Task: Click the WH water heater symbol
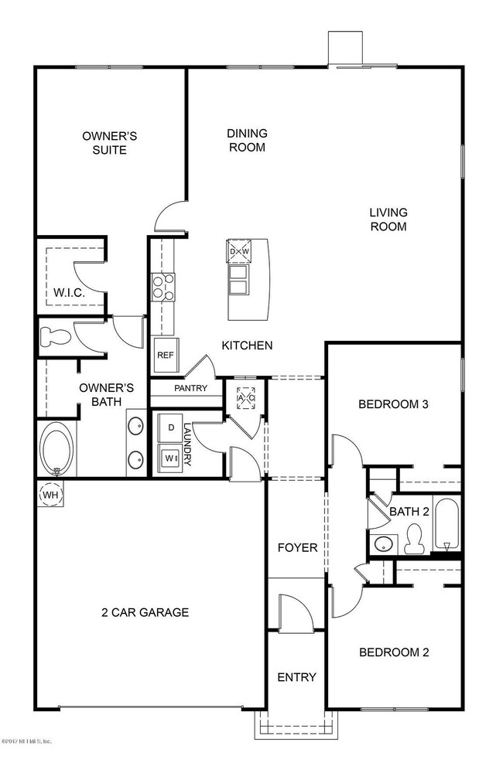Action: pos(50,494)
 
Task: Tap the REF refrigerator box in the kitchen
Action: pos(163,356)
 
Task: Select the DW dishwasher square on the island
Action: pos(238,251)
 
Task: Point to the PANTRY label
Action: pos(190,388)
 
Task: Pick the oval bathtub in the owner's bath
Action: pos(57,449)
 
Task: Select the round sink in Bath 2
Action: pos(383,543)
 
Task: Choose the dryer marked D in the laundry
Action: pos(169,427)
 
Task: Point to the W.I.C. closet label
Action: pos(69,293)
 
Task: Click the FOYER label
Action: pos(297,548)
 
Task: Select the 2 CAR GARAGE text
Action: pos(145,612)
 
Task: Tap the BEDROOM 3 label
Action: pos(393,404)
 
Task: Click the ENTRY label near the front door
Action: pos(296,677)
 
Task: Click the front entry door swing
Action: pos(297,611)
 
